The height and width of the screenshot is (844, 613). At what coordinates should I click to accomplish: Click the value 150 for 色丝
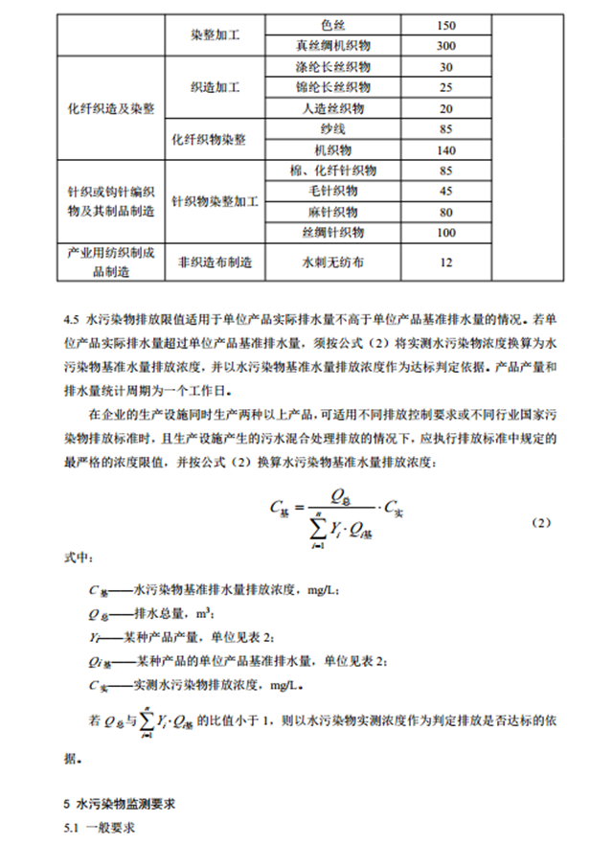pyautogui.click(x=445, y=25)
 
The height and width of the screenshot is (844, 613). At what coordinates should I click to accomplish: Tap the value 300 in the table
pyautogui.click(x=445, y=45)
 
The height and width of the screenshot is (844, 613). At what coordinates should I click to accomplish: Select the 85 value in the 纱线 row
pyautogui.click(x=445, y=128)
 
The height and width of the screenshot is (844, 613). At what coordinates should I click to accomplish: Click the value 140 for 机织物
pyautogui.click(x=445, y=150)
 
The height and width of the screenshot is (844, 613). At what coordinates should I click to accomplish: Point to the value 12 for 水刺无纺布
pyautogui.click(x=445, y=261)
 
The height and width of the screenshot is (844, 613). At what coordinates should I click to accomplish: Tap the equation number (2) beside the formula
pyautogui.click(x=541, y=524)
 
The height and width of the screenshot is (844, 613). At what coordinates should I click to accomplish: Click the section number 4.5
pyautogui.click(x=69, y=315)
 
